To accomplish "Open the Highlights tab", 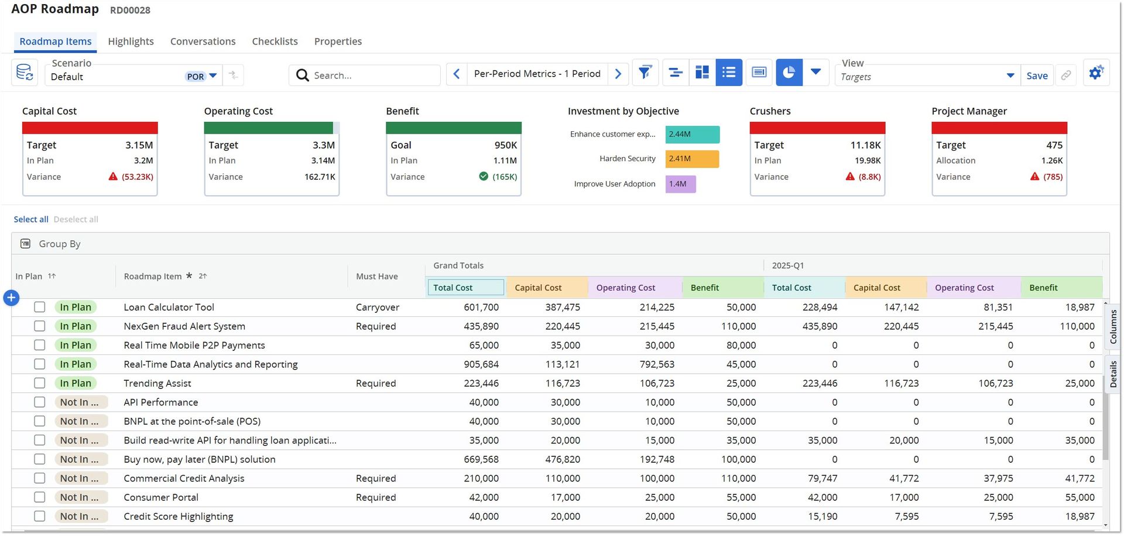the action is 131,42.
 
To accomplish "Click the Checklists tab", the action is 275,42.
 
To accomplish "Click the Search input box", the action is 364,76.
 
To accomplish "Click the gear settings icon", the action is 1096,73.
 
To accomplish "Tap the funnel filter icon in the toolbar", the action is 645,73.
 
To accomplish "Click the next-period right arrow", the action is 618,74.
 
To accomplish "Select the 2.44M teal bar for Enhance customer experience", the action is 693,134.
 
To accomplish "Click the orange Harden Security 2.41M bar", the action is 692,159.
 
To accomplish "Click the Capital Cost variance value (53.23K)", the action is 138,177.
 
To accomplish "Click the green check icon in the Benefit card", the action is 484,176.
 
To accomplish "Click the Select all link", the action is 31,220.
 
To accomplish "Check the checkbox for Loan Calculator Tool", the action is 39,307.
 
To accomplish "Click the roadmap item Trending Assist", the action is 157,383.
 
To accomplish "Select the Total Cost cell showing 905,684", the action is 481,364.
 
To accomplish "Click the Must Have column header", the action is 377,276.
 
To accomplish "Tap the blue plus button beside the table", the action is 11,298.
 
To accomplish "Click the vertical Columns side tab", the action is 1113,327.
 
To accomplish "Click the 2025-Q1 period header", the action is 787,265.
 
